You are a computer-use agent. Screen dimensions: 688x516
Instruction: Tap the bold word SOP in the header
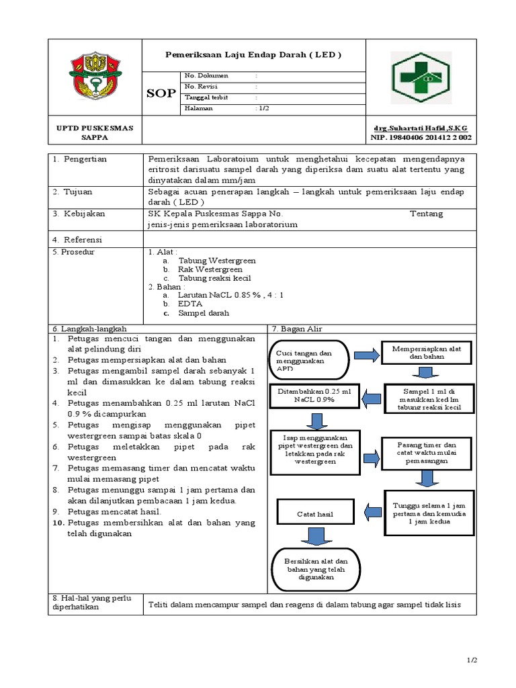click(x=161, y=93)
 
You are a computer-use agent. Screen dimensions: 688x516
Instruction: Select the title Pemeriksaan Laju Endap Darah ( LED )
click(x=254, y=54)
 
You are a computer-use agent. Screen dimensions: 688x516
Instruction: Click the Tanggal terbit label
click(x=206, y=97)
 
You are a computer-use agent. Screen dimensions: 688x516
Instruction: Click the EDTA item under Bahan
click(x=190, y=304)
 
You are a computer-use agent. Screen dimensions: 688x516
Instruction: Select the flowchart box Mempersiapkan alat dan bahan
click(x=425, y=353)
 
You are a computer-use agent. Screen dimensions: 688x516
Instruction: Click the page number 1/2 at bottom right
click(x=471, y=661)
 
